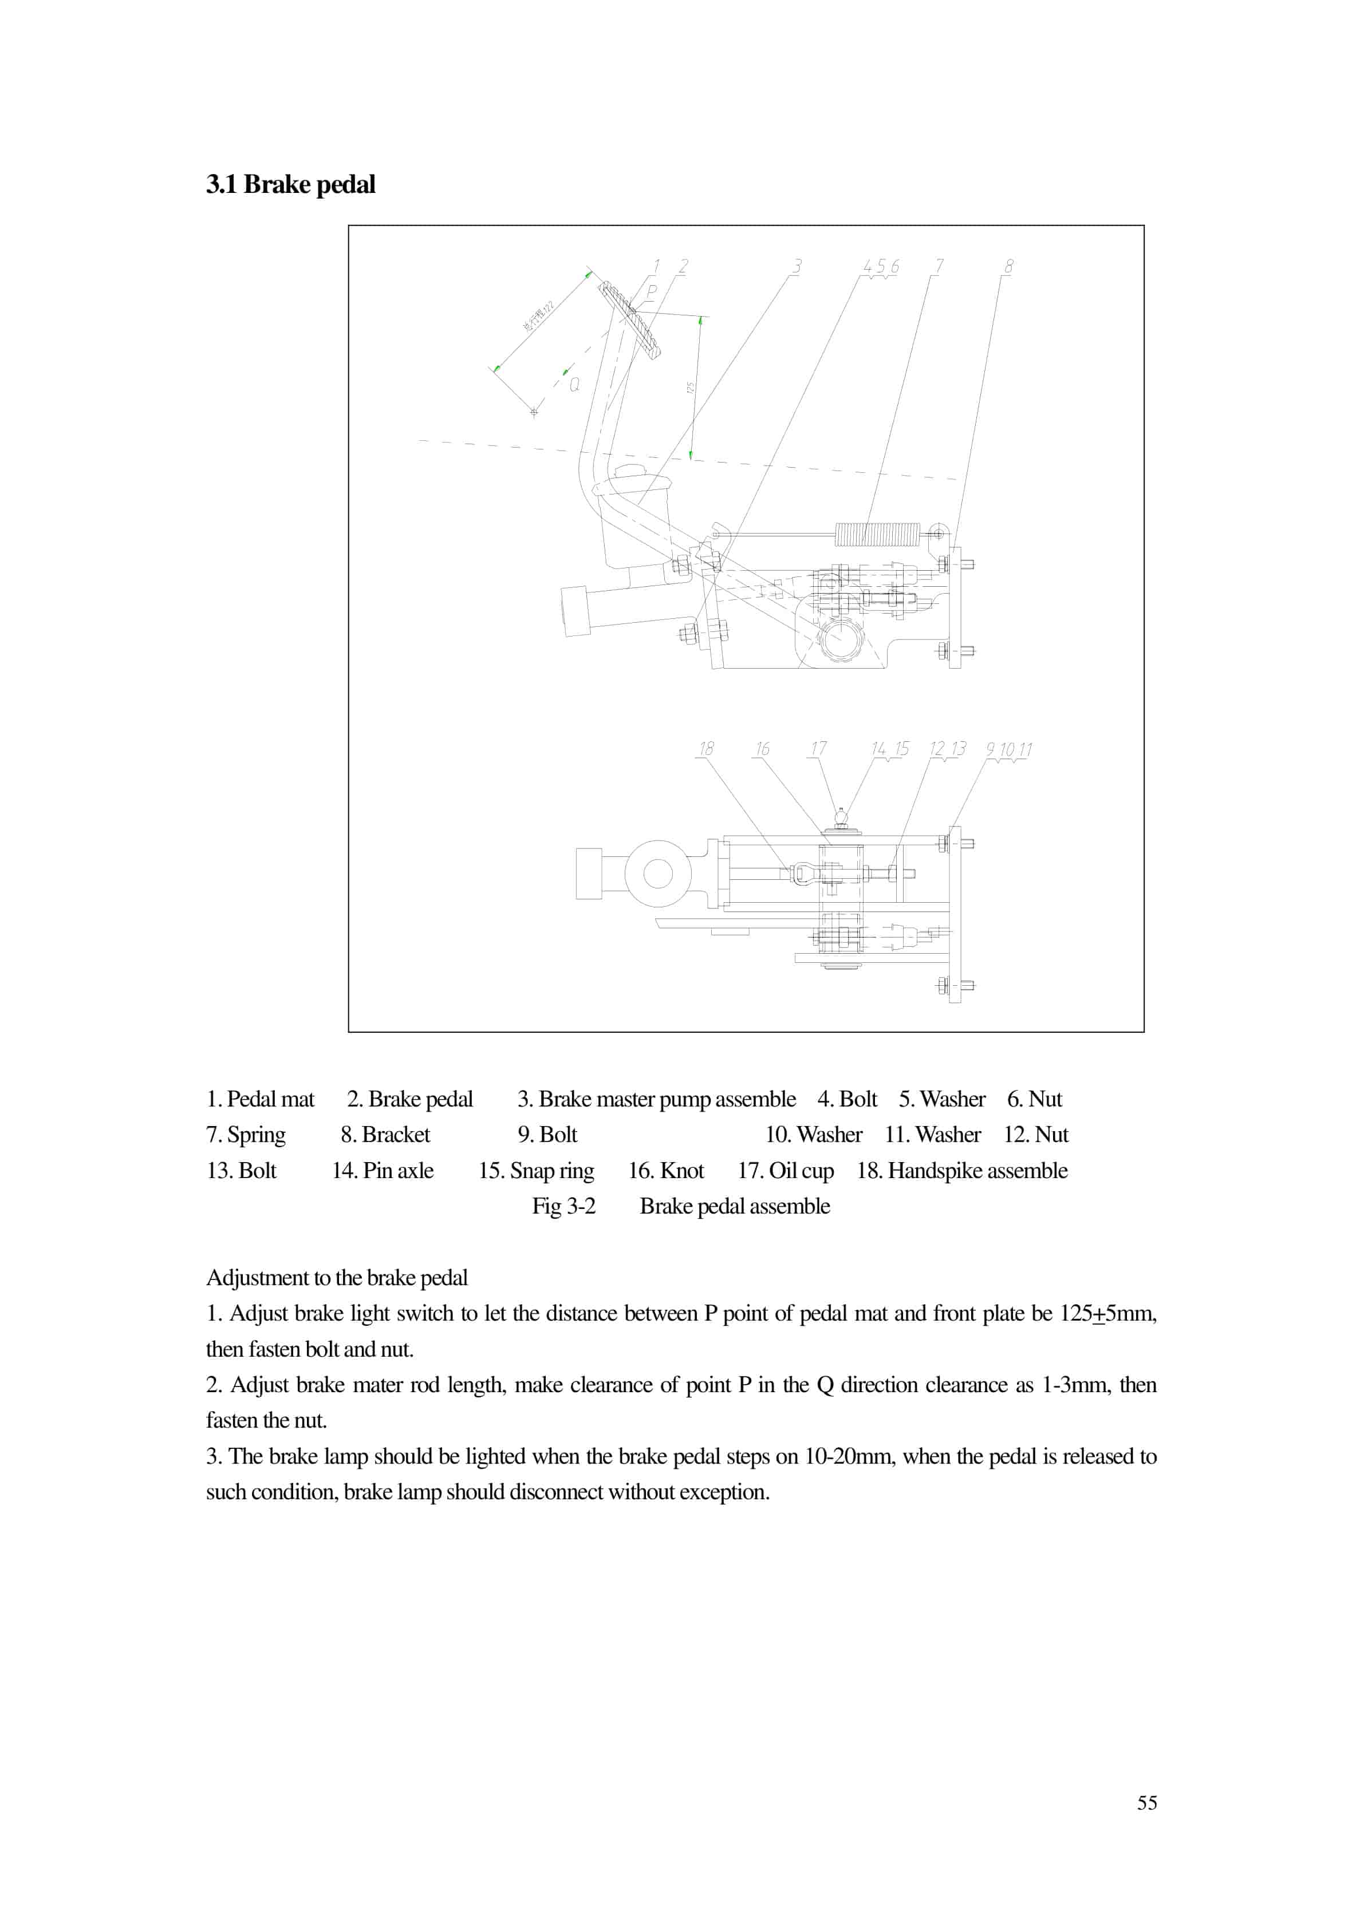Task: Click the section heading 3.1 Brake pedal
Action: (x=290, y=184)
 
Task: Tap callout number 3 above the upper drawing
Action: (x=796, y=266)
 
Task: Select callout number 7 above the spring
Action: (x=939, y=266)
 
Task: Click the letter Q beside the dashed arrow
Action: (x=574, y=385)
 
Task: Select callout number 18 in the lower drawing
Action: (x=707, y=748)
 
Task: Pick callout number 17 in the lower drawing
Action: (x=818, y=748)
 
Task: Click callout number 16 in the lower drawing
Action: (x=762, y=748)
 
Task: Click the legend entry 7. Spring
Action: (x=246, y=1135)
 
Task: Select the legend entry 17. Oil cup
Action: (x=785, y=1171)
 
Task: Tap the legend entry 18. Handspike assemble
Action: (x=961, y=1171)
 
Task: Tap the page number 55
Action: (x=1146, y=1803)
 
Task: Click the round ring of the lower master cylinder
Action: (x=657, y=874)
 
